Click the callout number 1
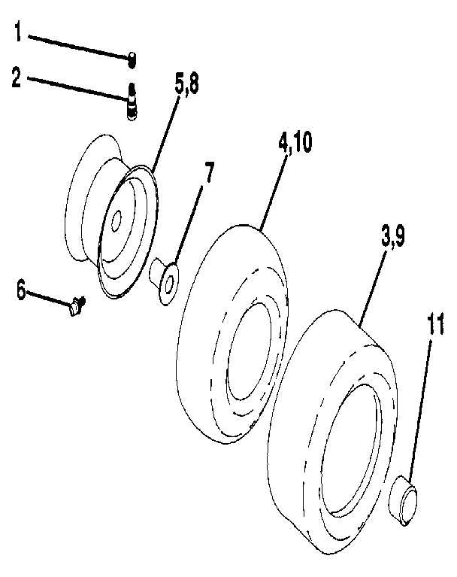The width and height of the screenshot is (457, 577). click(18, 35)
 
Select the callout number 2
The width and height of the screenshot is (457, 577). click(17, 77)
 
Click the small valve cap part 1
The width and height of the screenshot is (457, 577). click(131, 57)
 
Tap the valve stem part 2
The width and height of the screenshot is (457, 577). click(132, 102)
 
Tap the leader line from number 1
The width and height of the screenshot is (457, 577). click(75, 44)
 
